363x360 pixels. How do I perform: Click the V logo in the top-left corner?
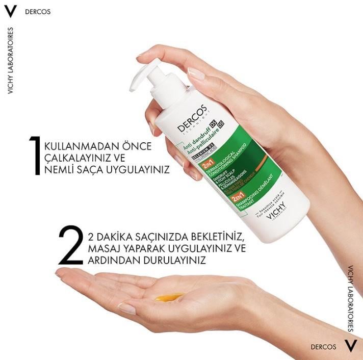click(10, 11)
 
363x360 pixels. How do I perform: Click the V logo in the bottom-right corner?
click(350, 347)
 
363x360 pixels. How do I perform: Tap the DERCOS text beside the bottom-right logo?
click(323, 347)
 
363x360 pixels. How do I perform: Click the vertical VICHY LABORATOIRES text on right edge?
click(351, 298)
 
